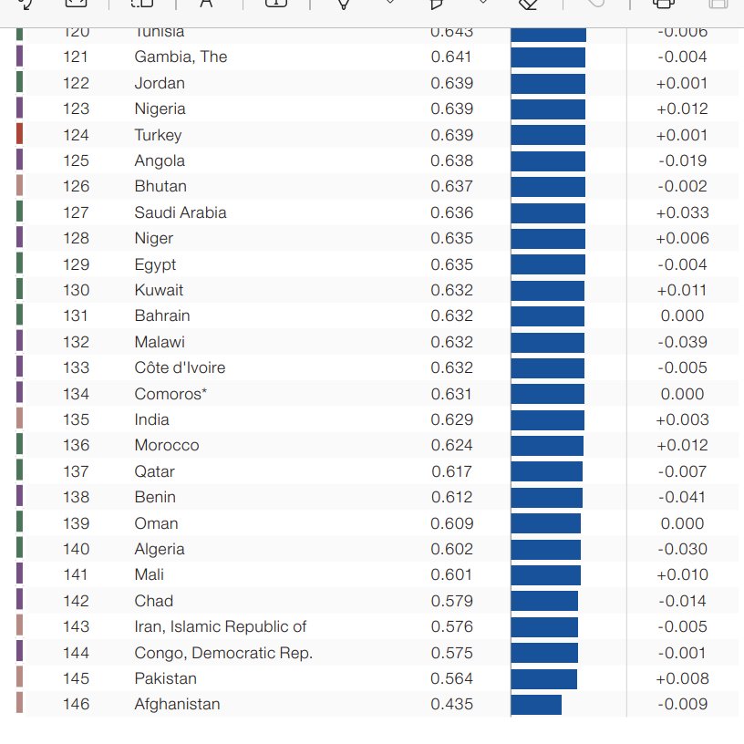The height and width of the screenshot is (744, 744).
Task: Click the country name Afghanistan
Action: coord(177,704)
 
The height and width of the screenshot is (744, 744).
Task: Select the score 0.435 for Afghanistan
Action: coord(451,704)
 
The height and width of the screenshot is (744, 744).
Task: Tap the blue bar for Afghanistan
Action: coord(536,704)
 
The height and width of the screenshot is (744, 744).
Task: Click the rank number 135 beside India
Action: coord(77,419)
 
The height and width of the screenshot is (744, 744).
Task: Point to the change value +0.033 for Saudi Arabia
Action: coord(682,212)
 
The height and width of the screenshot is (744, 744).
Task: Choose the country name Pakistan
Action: coord(165,678)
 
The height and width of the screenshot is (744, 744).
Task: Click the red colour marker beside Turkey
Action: coord(20,135)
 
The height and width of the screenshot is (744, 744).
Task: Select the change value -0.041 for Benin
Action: coord(682,497)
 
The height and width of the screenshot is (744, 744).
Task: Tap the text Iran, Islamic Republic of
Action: coord(220,626)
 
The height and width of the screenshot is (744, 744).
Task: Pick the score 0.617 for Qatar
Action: coord(451,471)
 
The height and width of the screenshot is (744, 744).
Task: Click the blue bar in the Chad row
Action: coord(544,601)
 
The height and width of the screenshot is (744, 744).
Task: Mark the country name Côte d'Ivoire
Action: coord(180,367)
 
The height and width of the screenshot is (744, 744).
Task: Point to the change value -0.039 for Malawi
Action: coord(682,342)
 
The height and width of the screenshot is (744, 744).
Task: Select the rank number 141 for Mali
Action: coord(77,574)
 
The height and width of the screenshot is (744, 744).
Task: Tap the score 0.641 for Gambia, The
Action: coord(451,57)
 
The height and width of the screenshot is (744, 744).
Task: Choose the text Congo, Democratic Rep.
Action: coord(223,653)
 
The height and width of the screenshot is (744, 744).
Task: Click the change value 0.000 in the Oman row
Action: coord(682,523)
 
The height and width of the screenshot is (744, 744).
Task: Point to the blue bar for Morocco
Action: coord(547,445)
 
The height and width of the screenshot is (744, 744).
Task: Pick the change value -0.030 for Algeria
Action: coord(682,549)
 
